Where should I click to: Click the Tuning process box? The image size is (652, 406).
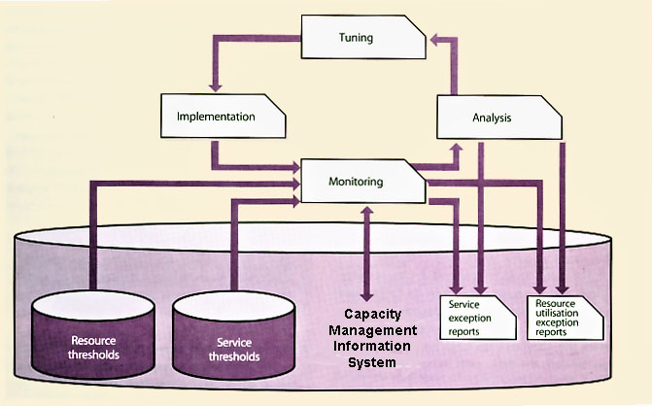click(x=361, y=38)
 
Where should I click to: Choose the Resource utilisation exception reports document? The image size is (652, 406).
click(x=566, y=318)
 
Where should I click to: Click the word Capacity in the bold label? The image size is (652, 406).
click(x=377, y=314)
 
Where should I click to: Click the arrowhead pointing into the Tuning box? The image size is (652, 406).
click(x=435, y=38)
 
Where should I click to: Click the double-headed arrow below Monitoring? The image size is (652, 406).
click(x=365, y=252)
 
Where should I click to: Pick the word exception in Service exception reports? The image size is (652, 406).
click(x=469, y=318)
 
